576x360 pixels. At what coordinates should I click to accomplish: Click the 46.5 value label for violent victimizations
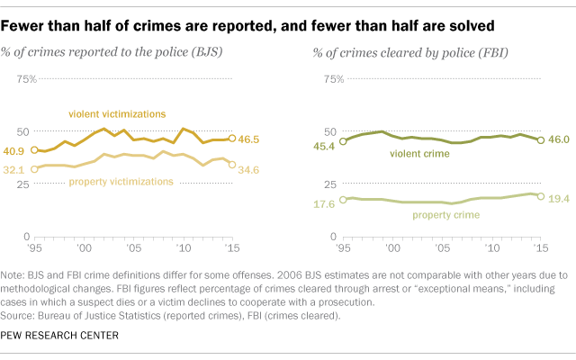tap(249, 139)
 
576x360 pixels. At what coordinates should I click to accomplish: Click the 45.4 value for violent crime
tap(323, 140)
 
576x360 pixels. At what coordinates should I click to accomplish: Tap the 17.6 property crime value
tap(323, 204)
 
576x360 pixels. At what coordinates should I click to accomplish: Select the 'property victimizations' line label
tap(121, 182)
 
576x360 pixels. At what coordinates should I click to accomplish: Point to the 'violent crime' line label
tap(418, 154)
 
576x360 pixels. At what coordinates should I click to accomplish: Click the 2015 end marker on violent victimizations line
tap(232, 139)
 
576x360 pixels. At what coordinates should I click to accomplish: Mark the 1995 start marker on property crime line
tap(343, 199)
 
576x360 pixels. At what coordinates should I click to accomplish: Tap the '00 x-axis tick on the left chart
tap(84, 248)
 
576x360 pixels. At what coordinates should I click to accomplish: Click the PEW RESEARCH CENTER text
tap(60, 335)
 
